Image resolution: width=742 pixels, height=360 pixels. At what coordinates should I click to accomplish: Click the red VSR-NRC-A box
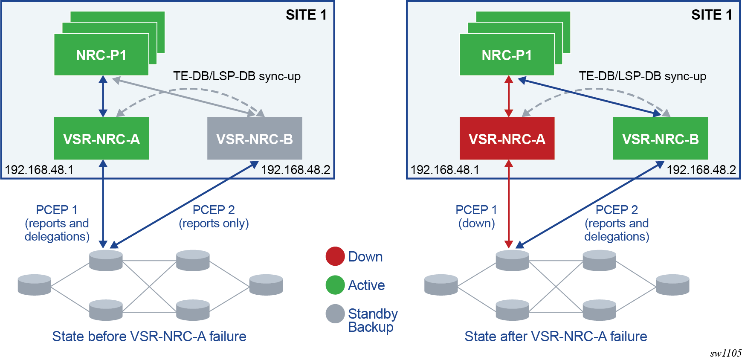[x=507, y=138]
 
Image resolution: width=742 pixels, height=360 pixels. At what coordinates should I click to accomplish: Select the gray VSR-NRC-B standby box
[x=255, y=138]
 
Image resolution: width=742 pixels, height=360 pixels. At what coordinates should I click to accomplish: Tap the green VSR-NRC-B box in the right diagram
[x=660, y=138]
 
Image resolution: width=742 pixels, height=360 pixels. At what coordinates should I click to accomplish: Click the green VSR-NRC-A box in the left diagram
[x=101, y=138]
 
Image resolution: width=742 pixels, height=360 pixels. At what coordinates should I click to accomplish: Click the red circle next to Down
[x=335, y=256]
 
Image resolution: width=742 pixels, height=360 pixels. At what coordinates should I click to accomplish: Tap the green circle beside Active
[x=335, y=285]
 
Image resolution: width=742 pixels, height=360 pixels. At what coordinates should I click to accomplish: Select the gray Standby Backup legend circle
[x=335, y=314]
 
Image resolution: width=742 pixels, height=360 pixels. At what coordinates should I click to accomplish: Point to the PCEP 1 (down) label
[x=476, y=216]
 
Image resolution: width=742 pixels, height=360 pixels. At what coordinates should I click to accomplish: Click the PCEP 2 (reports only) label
[x=214, y=216]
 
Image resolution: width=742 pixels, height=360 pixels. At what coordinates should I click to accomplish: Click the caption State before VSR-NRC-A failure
[x=149, y=337]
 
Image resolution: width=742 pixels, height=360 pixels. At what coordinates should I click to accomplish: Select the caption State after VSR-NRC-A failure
[x=556, y=337]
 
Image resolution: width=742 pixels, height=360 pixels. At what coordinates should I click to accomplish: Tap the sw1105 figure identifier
[x=726, y=353]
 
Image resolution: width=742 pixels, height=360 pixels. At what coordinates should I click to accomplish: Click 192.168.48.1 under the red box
[x=445, y=170]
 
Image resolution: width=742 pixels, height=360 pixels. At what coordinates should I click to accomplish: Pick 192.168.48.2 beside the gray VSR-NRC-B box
[x=296, y=170]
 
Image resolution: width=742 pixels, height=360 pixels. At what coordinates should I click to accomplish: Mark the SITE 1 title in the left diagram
[x=306, y=15]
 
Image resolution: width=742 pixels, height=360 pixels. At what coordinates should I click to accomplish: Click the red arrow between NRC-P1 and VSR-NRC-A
[x=508, y=96]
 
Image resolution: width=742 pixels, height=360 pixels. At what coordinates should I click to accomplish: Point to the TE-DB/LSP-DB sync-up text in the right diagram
[x=643, y=76]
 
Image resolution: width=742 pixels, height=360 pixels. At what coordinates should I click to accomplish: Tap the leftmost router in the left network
[x=35, y=285]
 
